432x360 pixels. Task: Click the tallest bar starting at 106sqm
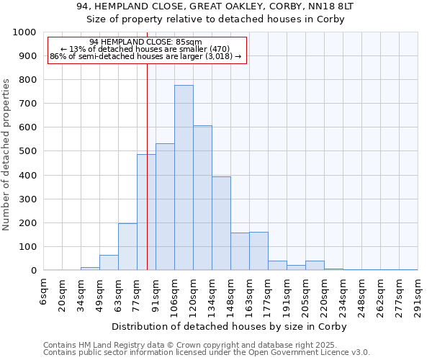point(184,178)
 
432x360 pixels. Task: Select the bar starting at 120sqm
point(202,198)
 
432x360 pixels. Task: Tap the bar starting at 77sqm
point(146,212)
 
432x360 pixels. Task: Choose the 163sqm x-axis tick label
point(249,297)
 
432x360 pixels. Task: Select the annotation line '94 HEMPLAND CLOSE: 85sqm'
point(146,42)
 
